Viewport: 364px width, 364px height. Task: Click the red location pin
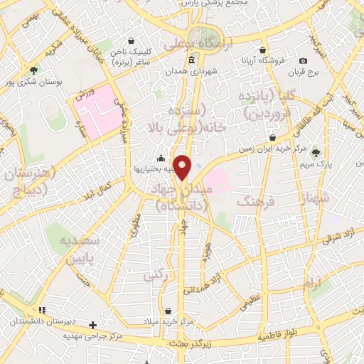point(183,167)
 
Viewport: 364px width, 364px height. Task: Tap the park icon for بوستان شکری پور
point(34,70)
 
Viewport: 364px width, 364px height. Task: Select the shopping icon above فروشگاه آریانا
point(264,50)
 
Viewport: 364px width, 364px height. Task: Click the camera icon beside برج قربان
point(304,61)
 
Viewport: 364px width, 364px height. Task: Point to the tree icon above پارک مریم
point(316,152)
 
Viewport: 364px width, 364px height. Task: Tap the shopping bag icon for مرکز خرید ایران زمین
point(272,137)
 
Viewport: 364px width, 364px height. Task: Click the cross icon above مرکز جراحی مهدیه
point(92,325)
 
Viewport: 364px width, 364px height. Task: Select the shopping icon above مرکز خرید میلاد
point(168,311)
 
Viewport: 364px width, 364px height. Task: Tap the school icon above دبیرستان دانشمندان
point(42,311)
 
